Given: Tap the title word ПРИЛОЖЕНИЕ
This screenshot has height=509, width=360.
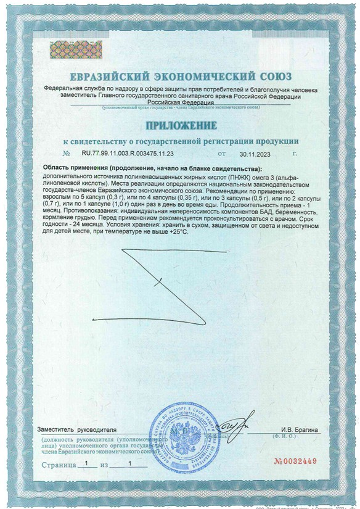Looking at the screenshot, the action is [181, 125].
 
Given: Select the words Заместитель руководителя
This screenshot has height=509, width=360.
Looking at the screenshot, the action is [76, 429].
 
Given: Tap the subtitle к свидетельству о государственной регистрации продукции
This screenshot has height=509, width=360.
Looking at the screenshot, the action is [181, 140].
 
